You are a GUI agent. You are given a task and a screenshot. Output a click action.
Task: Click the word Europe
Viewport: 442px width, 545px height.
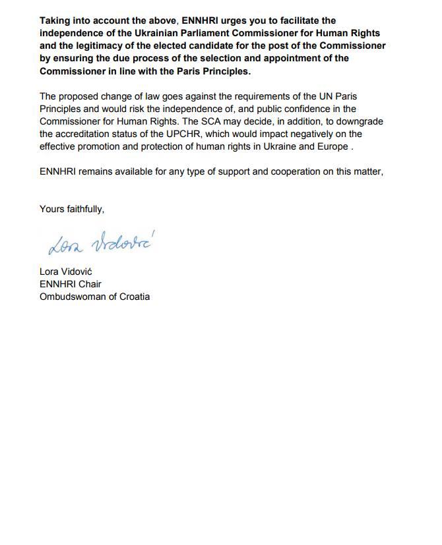coord(332,146)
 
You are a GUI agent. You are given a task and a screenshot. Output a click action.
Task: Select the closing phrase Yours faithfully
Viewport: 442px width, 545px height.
coord(71,209)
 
